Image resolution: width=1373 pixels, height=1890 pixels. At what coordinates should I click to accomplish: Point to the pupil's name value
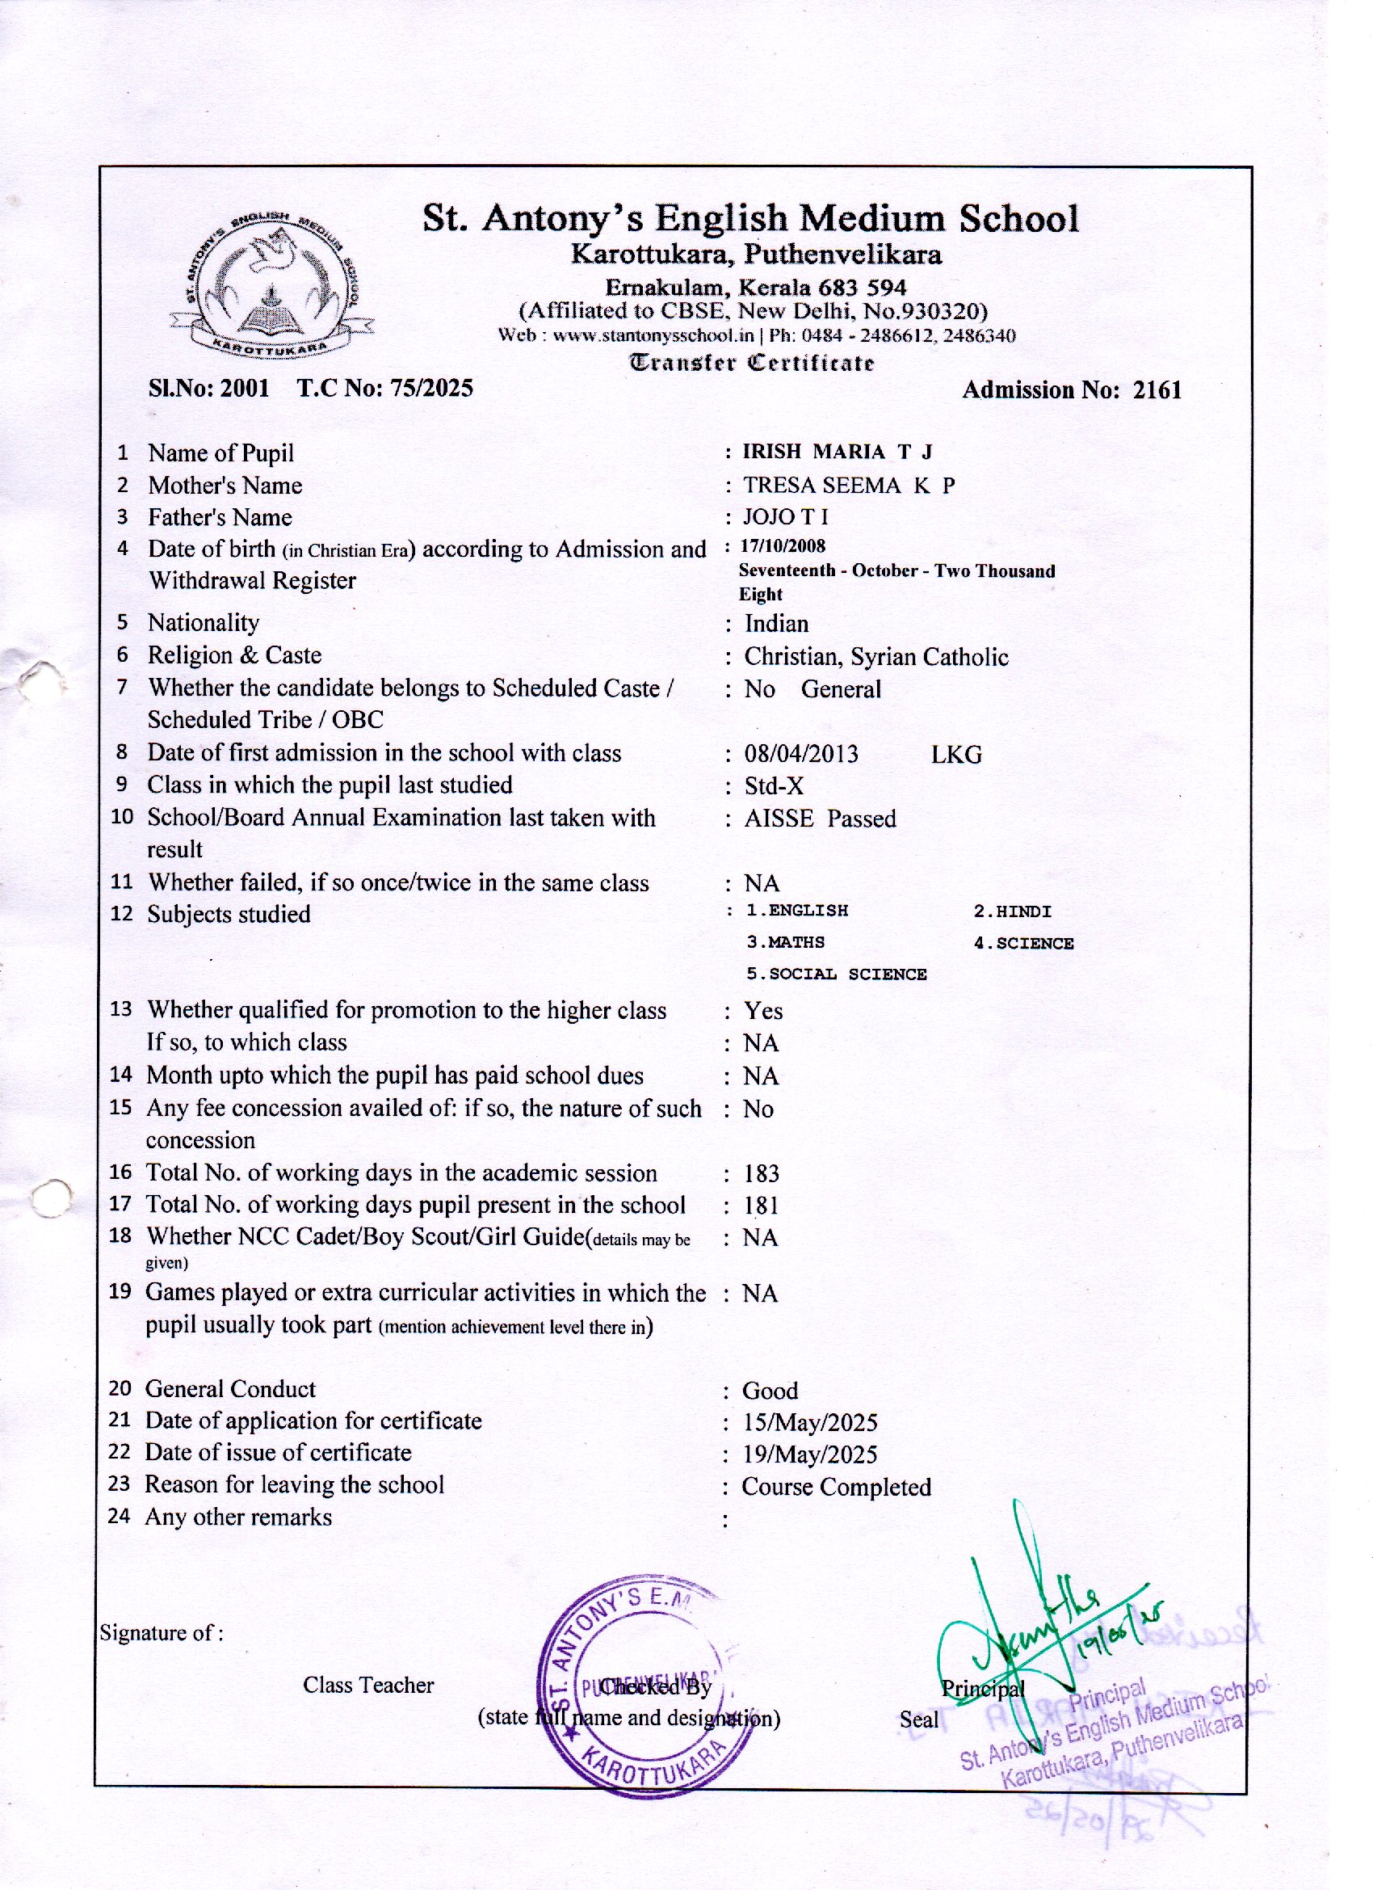[x=837, y=452]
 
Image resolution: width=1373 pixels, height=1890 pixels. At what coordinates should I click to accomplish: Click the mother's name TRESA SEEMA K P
[x=849, y=485]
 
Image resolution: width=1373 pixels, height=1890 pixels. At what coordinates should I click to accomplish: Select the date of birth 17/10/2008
[x=783, y=546]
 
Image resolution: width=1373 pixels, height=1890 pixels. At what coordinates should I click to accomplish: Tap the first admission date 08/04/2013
[x=800, y=754]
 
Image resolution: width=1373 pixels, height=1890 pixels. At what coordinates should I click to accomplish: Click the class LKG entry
[x=956, y=755]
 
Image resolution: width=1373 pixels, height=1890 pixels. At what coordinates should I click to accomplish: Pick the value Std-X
[x=774, y=787]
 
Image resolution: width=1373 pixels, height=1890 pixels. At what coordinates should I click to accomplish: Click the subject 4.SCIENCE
[x=1023, y=943]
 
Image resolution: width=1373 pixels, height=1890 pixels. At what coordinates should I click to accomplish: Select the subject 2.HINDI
[x=1012, y=911]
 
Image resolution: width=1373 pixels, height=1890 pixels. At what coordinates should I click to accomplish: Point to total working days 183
[x=762, y=1174]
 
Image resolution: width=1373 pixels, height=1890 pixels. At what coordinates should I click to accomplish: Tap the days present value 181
[x=762, y=1206]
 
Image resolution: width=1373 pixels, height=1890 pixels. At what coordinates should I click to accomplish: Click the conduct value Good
[x=770, y=1391]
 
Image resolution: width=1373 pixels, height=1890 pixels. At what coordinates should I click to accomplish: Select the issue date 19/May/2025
[x=810, y=1455]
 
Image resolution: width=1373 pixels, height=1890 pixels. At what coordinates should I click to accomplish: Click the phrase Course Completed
[x=836, y=1488]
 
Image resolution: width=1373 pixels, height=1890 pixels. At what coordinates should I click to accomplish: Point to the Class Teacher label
[x=368, y=1685]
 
